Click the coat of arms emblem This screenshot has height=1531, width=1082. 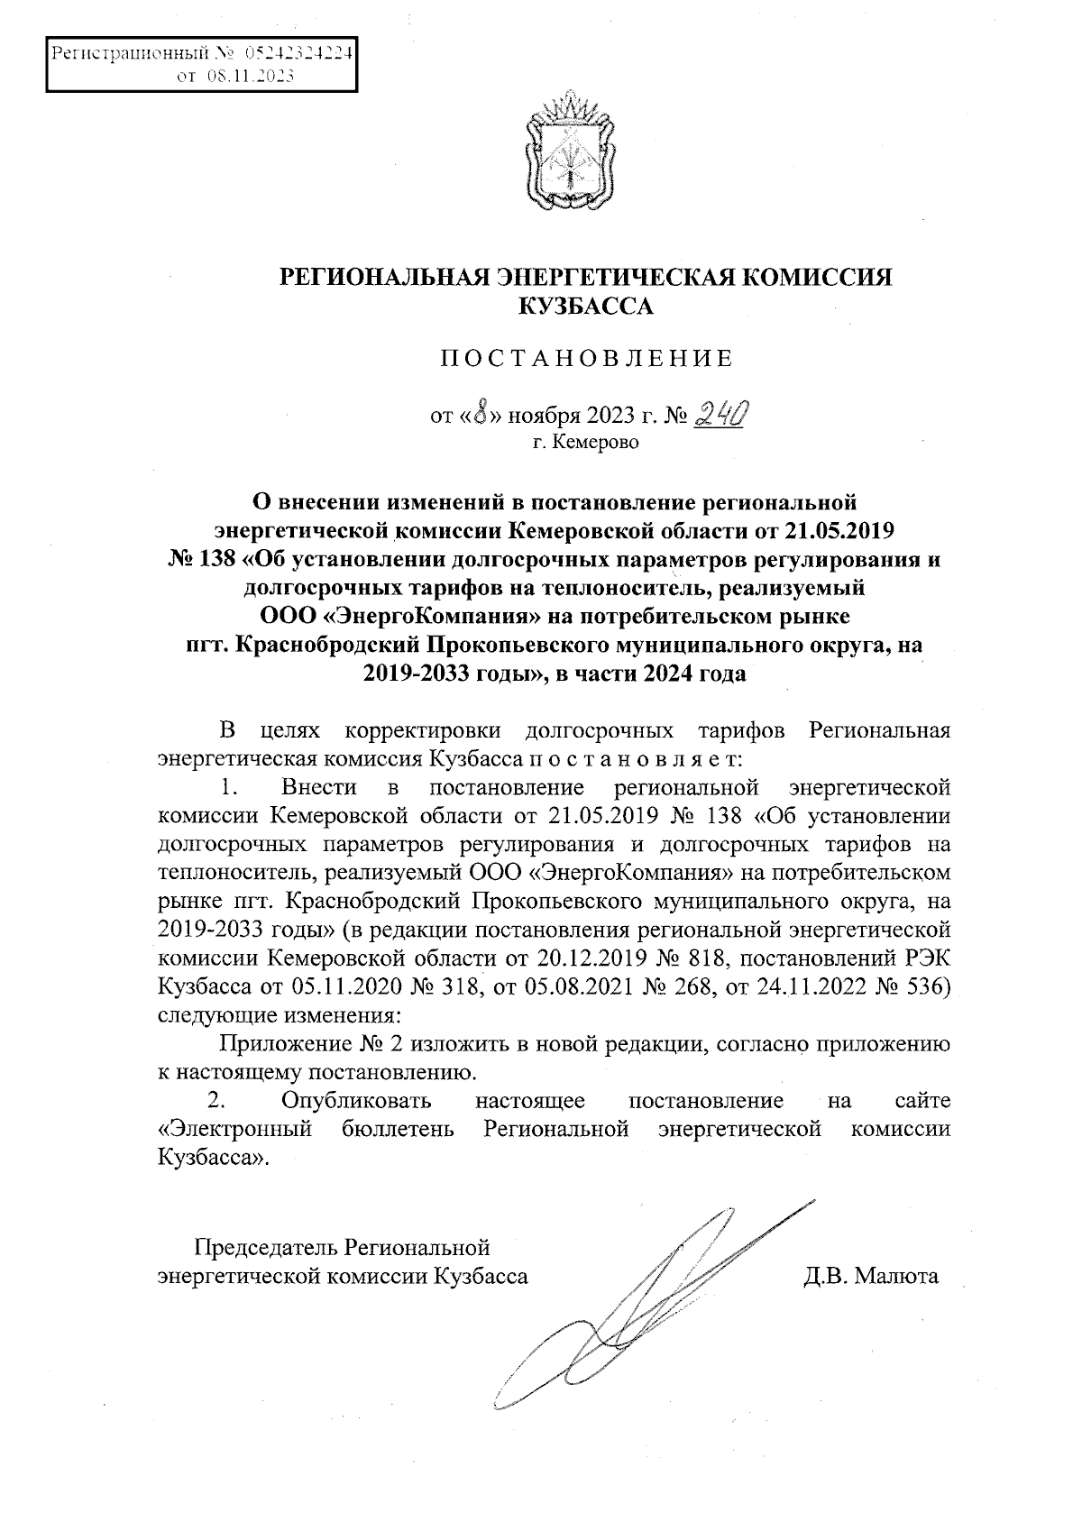570,151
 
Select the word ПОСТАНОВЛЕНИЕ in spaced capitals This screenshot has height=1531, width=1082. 586,359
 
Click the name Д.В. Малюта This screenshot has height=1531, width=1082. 871,1277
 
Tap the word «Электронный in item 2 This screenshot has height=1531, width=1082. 234,1129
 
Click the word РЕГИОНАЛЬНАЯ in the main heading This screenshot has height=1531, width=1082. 384,278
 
